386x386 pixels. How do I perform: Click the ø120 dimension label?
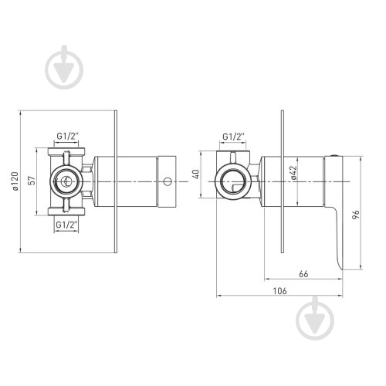(15, 181)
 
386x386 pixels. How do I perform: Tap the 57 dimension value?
(32, 181)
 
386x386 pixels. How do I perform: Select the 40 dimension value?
(196, 174)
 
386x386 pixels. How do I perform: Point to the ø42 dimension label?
(293, 172)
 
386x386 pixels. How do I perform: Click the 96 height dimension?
(356, 215)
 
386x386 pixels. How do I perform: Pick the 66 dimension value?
(303, 274)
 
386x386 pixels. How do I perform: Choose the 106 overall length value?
(279, 291)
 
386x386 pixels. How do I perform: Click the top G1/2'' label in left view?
(67, 136)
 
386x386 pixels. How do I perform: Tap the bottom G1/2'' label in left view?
(67, 225)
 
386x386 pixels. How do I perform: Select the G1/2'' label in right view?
(233, 137)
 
